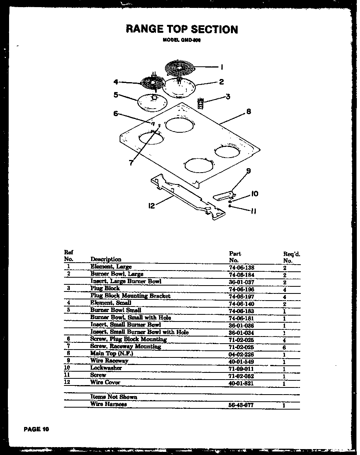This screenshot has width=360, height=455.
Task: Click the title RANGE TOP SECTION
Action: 182,29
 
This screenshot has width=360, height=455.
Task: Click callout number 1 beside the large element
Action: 222,67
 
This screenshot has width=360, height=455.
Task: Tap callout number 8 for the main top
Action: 248,112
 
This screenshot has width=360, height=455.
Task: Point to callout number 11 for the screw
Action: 253,211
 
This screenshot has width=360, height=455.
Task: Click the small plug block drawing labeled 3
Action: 201,103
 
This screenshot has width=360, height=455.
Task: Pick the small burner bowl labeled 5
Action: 152,103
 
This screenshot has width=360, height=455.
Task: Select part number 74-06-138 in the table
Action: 242,267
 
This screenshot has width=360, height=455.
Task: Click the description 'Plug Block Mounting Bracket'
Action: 130,296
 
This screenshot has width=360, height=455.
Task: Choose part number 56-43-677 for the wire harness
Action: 241,405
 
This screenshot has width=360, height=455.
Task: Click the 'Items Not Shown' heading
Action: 114,397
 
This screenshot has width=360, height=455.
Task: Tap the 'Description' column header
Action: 106,259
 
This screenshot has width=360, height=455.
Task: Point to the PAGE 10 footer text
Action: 36,429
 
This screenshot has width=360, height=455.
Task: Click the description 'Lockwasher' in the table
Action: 106,368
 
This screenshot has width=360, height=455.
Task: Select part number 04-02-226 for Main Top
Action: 241,354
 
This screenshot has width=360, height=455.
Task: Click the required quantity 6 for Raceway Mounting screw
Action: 284,347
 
